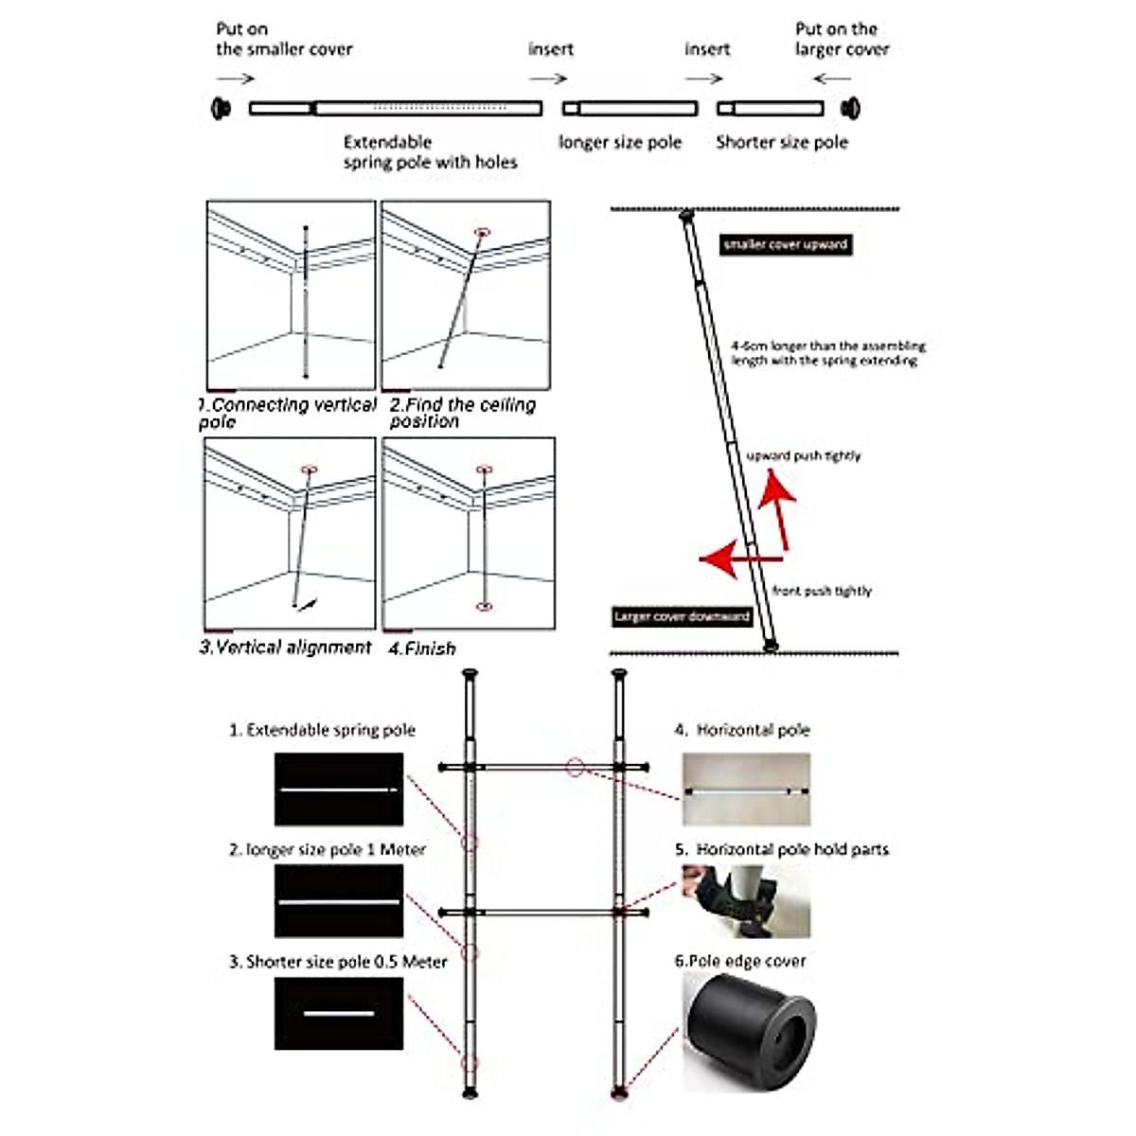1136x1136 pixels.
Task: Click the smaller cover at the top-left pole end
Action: coord(222,107)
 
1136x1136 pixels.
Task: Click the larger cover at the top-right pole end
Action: coord(851,107)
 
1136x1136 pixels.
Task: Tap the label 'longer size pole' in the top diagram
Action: coord(620,143)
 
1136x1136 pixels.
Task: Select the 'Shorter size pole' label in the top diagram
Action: coord(782,143)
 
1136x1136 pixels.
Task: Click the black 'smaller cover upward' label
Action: coord(785,244)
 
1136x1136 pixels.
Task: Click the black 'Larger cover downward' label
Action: coord(682,616)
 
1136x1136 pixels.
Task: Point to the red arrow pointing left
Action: coord(729,557)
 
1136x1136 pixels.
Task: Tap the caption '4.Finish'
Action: coord(422,648)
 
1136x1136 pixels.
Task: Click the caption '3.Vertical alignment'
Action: coord(285,648)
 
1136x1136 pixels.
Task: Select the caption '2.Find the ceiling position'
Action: coord(463,413)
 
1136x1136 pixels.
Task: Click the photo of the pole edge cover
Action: coord(747,1031)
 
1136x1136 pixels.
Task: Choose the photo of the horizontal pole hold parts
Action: coord(746,900)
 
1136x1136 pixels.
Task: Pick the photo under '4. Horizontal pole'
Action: coord(746,789)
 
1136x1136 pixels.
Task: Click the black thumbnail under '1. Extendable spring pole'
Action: coord(339,789)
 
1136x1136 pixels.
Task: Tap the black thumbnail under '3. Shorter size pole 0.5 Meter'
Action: coord(339,1013)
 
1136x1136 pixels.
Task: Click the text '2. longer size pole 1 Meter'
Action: coord(328,850)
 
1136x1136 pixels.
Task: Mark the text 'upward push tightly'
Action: coord(804,456)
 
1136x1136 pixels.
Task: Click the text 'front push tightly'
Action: coord(822,591)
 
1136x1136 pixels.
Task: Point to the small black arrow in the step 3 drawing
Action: coord(309,603)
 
